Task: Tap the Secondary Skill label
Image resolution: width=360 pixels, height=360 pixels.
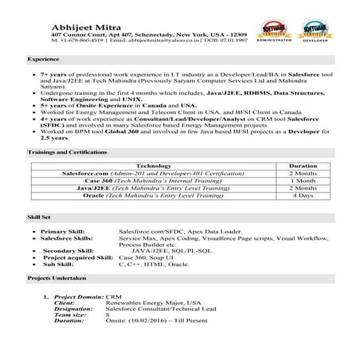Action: coord(65,251)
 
